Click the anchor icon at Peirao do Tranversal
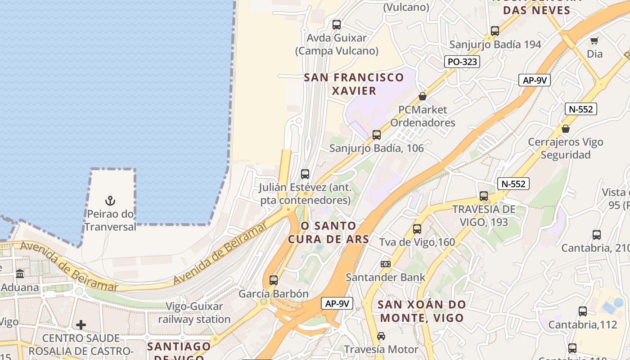pyautogui.click(x=110, y=200)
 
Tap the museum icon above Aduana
pyautogui.click(x=20, y=274)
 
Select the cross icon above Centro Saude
pyautogui.click(x=81, y=324)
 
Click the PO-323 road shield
pyautogui.click(x=462, y=62)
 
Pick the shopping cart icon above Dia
pyautogui.click(x=594, y=40)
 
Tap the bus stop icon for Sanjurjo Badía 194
pyautogui.click(x=495, y=31)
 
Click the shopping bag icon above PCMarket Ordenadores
pyautogui.click(x=422, y=96)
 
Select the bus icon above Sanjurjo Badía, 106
pyautogui.click(x=377, y=135)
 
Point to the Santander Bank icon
pyautogui.click(x=386, y=264)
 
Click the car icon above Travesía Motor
pyautogui.click(x=381, y=336)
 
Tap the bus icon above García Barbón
pyautogui.click(x=274, y=280)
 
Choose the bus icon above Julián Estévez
pyautogui.click(x=305, y=174)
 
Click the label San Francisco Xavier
pyautogui.click(x=354, y=84)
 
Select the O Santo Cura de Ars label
pyautogui.click(x=328, y=232)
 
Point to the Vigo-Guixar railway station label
pyautogui.click(x=194, y=313)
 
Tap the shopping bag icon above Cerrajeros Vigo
pyautogui.click(x=566, y=129)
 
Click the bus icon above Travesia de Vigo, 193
pyautogui.click(x=484, y=196)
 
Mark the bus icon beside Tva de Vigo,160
pyautogui.click(x=417, y=229)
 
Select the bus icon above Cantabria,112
pyautogui.click(x=582, y=311)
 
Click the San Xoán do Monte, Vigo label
pyautogui.click(x=422, y=311)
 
